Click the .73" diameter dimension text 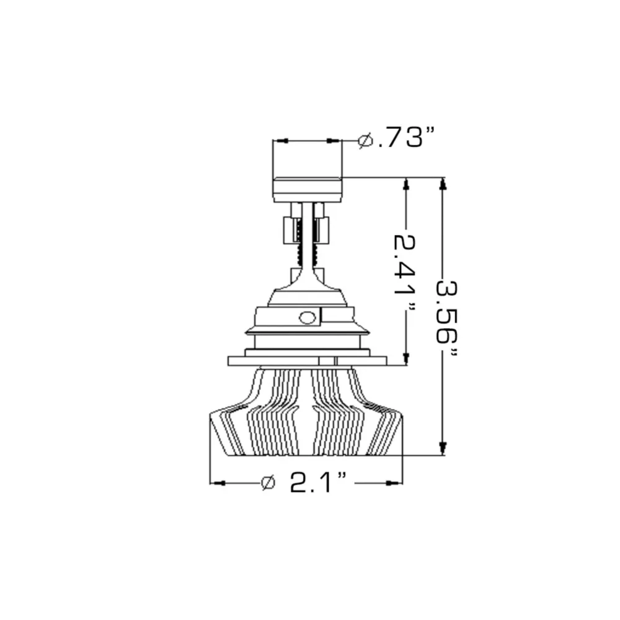click(x=405, y=138)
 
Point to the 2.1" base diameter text click(x=318, y=482)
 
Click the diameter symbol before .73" click(x=365, y=140)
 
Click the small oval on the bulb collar click(x=308, y=317)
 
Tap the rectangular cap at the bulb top click(x=308, y=190)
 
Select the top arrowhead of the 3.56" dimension click(x=443, y=185)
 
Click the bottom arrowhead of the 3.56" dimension click(x=443, y=448)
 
